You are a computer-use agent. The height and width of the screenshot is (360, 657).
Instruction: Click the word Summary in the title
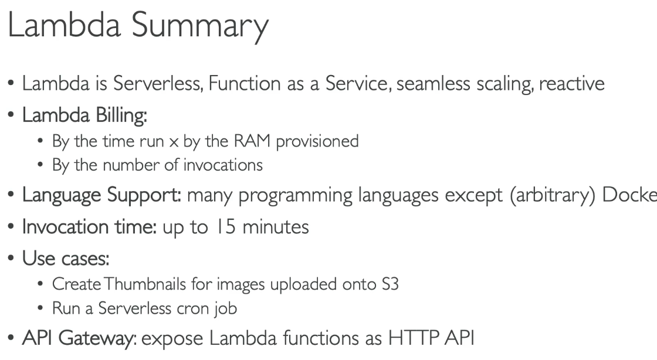200,26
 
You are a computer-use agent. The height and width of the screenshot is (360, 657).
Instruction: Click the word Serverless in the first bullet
158,83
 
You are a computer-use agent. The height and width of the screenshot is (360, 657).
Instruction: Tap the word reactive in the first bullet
571,84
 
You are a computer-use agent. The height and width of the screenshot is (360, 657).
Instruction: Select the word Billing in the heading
121,115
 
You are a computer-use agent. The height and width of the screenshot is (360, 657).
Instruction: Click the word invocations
223,165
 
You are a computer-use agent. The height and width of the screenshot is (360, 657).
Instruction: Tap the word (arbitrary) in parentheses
553,195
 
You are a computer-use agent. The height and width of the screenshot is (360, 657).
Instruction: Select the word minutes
276,227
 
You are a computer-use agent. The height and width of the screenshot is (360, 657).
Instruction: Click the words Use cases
66,259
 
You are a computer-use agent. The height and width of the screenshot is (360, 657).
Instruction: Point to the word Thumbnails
145,284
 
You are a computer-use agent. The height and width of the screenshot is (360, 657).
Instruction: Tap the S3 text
390,284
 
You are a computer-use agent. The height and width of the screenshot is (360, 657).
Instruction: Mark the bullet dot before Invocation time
11,226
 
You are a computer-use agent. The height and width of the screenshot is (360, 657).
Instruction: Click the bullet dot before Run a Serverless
40,308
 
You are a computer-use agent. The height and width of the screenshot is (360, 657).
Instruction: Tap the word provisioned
317,141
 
